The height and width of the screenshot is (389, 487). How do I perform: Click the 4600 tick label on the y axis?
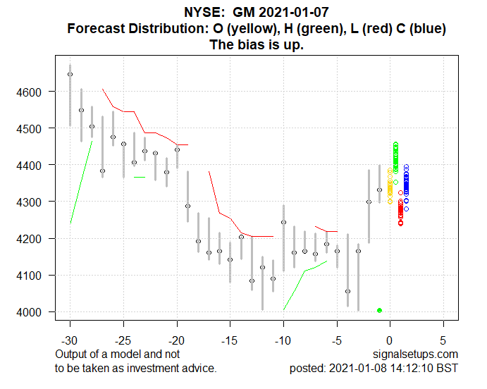click(x=32, y=92)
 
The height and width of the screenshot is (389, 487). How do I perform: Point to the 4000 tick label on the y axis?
click(x=32, y=312)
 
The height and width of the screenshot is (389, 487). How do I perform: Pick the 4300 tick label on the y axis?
click(x=32, y=202)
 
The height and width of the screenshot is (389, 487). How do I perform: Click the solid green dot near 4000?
click(x=379, y=310)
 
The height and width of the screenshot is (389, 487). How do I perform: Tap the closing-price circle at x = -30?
click(x=70, y=74)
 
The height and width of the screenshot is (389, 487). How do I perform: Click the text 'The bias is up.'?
click(x=257, y=45)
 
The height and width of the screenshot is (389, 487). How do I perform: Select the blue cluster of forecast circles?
click(x=406, y=187)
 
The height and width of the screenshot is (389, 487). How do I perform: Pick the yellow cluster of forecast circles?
click(x=390, y=187)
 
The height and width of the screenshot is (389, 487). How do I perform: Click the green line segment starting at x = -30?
click(x=81, y=182)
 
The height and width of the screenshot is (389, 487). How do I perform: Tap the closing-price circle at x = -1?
click(x=379, y=190)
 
